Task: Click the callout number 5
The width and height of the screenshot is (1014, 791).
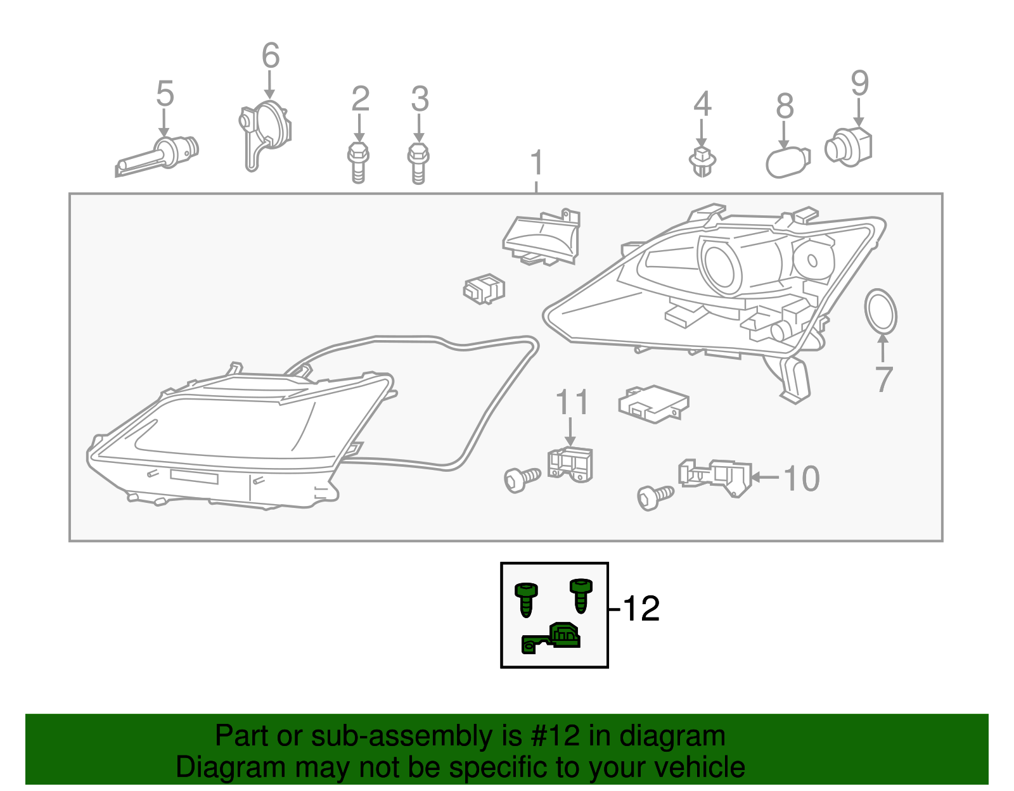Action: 165,94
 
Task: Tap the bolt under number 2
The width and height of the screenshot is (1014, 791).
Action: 358,163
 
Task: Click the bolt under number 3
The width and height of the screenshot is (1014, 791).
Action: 418,163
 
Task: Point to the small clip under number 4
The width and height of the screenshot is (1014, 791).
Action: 702,161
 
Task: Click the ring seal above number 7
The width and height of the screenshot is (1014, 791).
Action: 880,311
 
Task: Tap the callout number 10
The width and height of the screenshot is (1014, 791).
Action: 802,478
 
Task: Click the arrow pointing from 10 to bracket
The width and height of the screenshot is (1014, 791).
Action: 766,478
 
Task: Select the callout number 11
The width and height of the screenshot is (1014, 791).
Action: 572,403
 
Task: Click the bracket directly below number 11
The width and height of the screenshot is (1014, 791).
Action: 570,464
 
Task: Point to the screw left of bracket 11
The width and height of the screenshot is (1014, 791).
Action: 522,479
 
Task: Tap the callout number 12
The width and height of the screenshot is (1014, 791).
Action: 641,609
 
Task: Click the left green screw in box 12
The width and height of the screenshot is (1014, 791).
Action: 526,598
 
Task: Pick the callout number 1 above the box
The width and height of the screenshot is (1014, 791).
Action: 537,163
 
